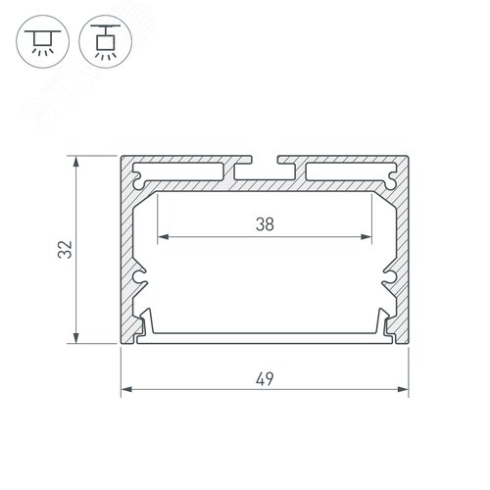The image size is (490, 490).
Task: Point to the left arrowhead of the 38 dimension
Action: (161, 236)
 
